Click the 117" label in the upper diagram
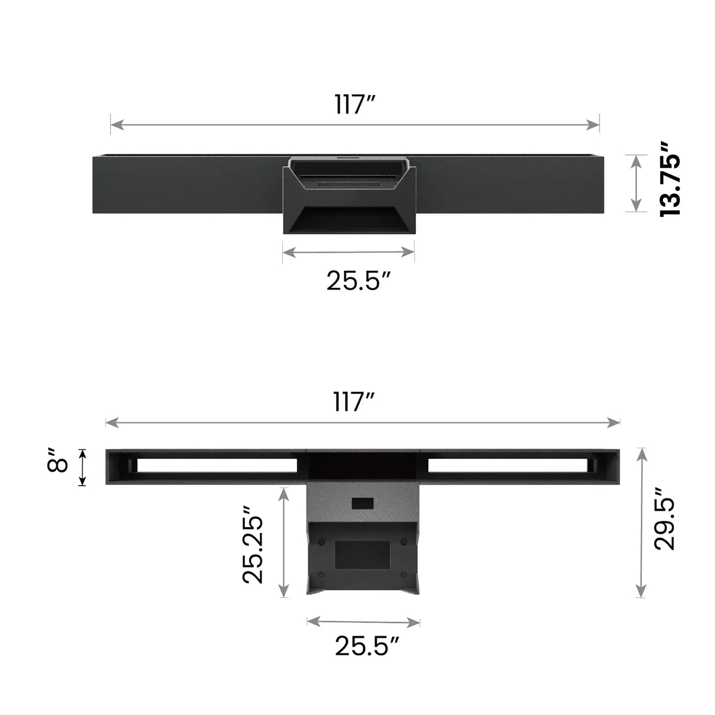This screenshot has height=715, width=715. pyautogui.click(x=355, y=105)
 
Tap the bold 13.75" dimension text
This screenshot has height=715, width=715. pyautogui.click(x=670, y=178)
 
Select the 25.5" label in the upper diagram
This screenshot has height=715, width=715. pyautogui.click(x=359, y=281)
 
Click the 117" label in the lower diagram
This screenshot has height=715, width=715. pyautogui.click(x=355, y=402)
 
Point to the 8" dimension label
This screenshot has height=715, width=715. pyautogui.click(x=58, y=459)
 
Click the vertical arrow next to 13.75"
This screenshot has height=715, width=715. pyautogui.click(x=635, y=183)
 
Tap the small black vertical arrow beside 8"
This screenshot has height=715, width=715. pyautogui.click(x=82, y=467)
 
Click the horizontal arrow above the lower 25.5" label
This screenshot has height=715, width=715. pyautogui.click(x=363, y=621)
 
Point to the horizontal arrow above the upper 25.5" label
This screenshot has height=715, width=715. pyautogui.click(x=348, y=253)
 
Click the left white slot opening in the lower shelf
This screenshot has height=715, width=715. pyautogui.click(x=217, y=465)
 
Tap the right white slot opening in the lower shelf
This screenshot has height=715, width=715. pyautogui.click(x=507, y=465)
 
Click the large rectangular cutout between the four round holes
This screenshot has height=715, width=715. pyautogui.click(x=362, y=555)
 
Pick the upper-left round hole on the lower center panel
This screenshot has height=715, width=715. pyautogui.click(x=321, y=541)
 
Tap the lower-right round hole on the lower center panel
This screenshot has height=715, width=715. pyautogui.click(x=403, y=574)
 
